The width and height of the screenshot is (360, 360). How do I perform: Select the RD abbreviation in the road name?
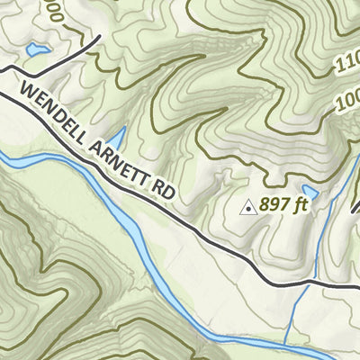(x=162, y=191)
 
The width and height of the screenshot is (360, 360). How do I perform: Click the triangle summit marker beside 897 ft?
(x=247, y=207)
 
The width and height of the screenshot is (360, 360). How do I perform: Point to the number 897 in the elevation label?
(x=271, y=205)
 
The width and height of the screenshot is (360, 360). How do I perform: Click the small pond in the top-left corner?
(x=37, y=50)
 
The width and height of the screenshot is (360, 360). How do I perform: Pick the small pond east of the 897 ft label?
(x=310, y=193)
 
